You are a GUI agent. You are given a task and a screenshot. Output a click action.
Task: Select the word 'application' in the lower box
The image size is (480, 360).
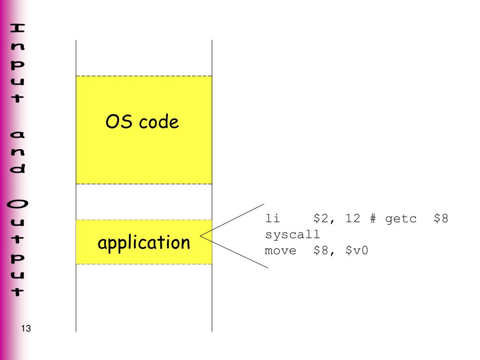[144, 243]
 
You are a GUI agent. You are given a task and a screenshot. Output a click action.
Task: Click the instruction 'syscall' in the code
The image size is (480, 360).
[292, 235]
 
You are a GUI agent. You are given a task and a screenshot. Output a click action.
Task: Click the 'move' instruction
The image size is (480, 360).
[281, 251]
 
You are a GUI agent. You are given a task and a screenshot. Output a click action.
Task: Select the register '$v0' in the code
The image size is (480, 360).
[357, 251]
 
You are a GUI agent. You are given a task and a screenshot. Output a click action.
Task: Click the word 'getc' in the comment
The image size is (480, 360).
[401, 219]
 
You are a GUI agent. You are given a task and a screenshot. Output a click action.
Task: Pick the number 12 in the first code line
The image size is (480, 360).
[352, 219]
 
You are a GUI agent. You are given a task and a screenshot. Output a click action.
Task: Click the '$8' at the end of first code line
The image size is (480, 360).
[442, 219]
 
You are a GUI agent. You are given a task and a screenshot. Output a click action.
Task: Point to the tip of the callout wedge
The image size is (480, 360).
[201, 235]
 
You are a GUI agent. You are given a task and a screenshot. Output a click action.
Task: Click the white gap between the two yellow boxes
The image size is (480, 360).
[144, 202]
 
